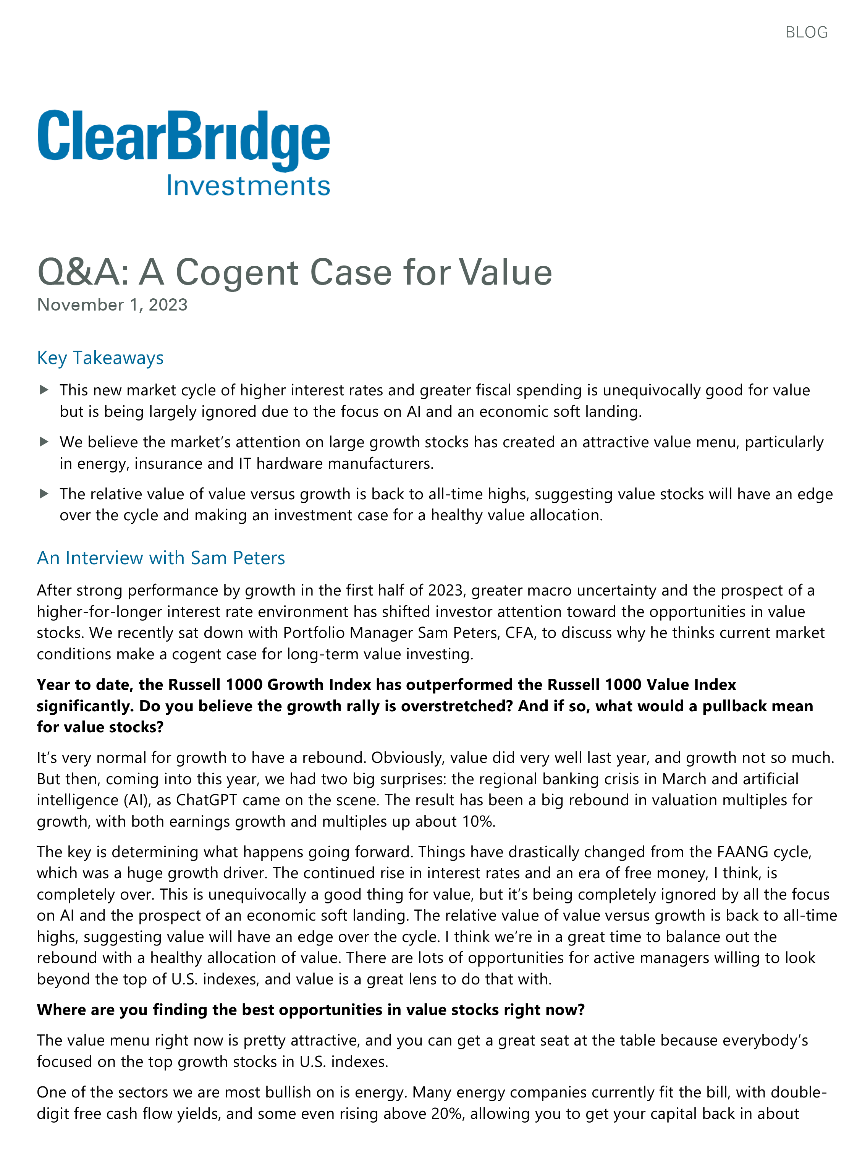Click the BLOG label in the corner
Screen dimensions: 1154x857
coord(806,32)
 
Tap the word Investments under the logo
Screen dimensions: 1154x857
coord(248,186)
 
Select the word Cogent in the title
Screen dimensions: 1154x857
coord(237,272)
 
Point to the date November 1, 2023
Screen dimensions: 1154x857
coord(112,304)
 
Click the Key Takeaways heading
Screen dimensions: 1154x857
coord(100,358)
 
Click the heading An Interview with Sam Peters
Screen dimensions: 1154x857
coord(161,558)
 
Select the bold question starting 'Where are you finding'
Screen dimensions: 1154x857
coord(311,1010)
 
